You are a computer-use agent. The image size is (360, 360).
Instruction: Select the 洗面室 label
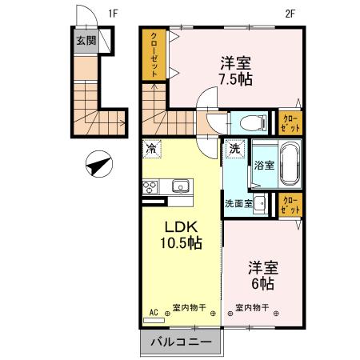pos(238,203)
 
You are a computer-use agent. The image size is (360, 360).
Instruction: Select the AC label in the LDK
pos(152,313)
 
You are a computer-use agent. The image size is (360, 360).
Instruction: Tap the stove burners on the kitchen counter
pos(151,188)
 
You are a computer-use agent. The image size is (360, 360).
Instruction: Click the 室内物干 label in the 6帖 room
pos(251,306)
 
